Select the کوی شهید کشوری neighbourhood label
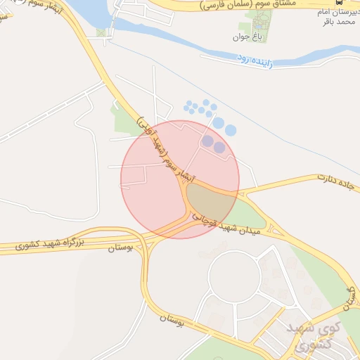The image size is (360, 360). (x=316, y=336)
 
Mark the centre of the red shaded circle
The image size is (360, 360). (x=180, y=179)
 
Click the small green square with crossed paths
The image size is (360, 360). (x=102, y=32)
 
